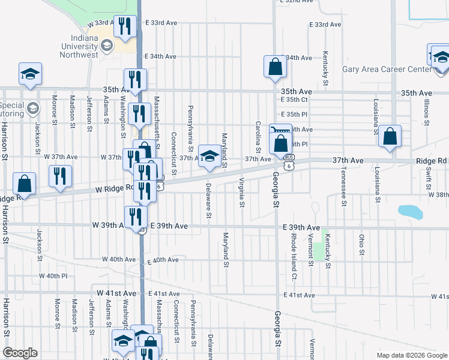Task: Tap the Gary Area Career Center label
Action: (x=387, y=69)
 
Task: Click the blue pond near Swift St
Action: (x=410, y=212)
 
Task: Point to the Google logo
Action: (x=20, y=353)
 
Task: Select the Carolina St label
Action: (x=259, y=137)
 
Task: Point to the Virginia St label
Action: (x=241, y=191)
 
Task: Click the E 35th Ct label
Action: (x=294, y=99)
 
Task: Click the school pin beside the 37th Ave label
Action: (x=208, y=157)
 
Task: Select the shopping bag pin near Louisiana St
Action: (x=390, y=137)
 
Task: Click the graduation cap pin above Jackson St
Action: (x=30, y=74)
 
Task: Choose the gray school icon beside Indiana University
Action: (x=107, y=45)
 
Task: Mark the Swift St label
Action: (x=429, y=178)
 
